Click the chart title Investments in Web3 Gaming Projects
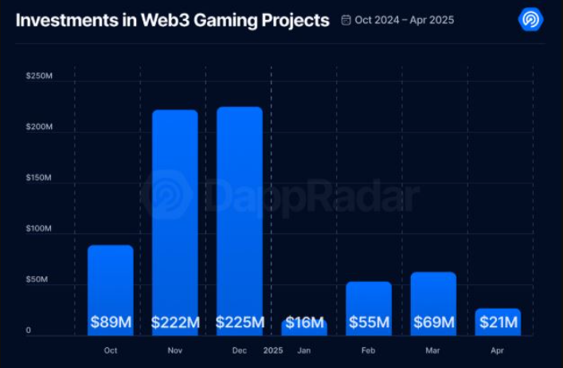(x=172, y=21)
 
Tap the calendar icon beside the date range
(x=346, y=20)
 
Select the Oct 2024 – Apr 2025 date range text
(x=405, y=20)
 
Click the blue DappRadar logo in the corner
(x=530, y=19)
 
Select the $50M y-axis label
(x=38, y=280)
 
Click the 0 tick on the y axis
(x=28, y=331)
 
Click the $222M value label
(x=175, y=323)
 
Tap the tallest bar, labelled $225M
(x=240, y=215)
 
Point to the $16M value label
(x=304, y=323)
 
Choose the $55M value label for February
(x=369, y=323)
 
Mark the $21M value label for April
(x=498, y=323)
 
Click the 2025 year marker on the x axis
(x=272, y=350)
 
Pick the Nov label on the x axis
(x=175, y=350)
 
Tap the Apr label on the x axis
(x=498, y=350)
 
